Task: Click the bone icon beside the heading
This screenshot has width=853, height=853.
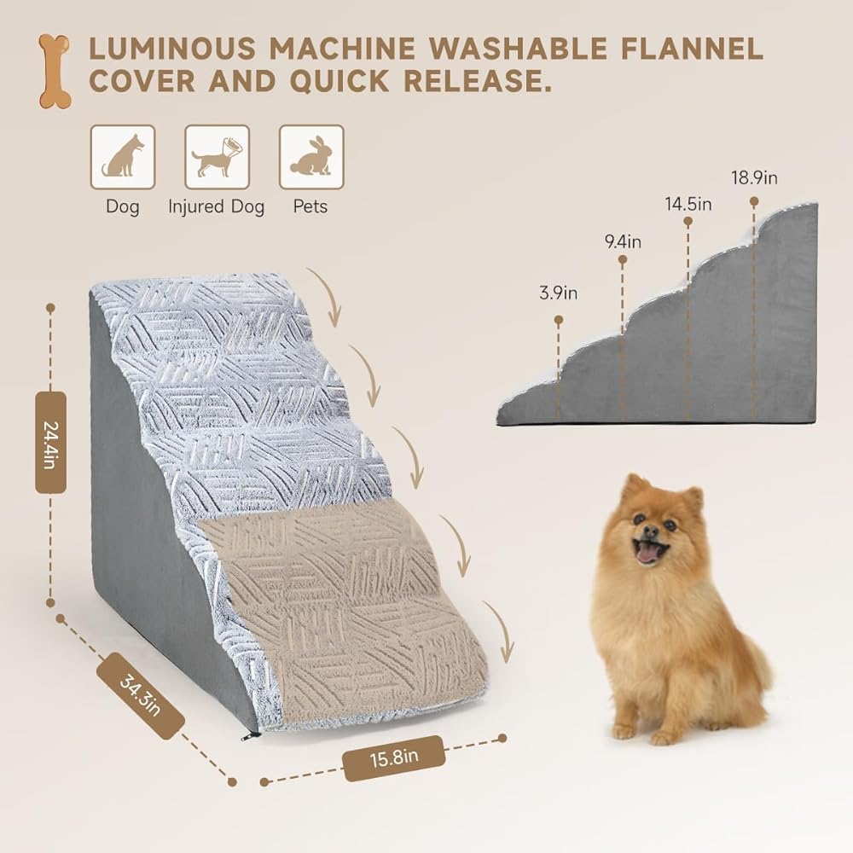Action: (55, 72)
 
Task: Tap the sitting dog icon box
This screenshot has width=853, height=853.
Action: (123, 157)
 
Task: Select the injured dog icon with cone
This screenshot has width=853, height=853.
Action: (217, 157)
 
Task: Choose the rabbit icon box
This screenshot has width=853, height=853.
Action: (311, 157)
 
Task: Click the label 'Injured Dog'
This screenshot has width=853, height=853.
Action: (217, 206)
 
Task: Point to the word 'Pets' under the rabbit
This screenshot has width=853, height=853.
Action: (310, 206)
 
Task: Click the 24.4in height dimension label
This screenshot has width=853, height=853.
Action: (50, 443)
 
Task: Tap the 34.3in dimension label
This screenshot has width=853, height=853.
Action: (141, 696)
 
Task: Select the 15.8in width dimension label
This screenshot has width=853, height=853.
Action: (394, 757)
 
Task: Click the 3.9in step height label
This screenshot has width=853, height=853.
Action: (558, 293)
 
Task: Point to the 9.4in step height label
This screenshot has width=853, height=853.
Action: (623, 241)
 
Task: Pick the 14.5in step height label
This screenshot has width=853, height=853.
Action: (688, 204)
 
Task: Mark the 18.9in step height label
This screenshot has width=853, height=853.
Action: (754, 178)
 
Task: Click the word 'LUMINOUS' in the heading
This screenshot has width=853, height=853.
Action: (172, 49)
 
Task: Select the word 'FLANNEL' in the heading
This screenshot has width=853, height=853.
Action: (692, 49)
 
